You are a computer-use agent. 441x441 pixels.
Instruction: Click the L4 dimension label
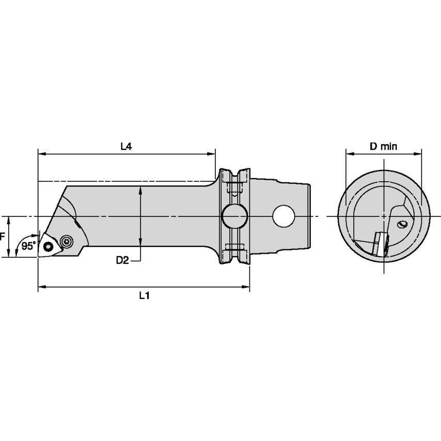[126, 147]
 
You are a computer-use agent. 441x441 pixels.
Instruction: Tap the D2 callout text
[122, 260]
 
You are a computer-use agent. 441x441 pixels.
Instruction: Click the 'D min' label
[383, 147]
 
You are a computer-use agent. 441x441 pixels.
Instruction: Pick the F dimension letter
[3, 237]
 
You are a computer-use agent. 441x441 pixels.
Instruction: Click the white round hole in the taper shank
[283, 216]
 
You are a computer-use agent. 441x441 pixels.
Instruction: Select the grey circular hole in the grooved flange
[233, 216]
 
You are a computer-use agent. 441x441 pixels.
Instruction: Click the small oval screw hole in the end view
[402, 224]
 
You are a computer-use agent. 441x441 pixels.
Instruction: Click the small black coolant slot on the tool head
[77, 226]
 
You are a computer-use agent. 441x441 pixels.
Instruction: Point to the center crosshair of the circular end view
[385, 216]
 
